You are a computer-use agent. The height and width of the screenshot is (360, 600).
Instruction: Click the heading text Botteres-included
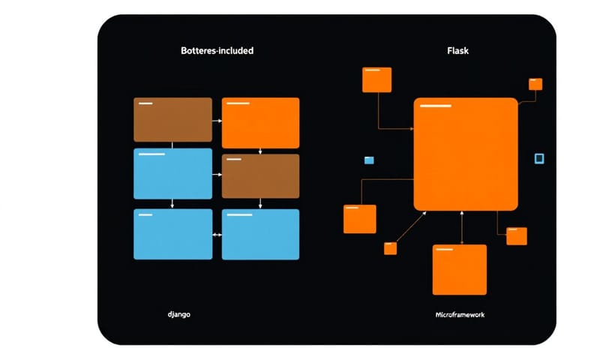[x=217, y=51]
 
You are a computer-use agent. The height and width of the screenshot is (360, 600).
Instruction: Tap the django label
[x=178, y=313]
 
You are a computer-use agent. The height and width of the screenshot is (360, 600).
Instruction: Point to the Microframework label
[x=460, y=314]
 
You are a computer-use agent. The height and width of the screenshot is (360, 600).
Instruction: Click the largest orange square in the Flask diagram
[x=465, y=154]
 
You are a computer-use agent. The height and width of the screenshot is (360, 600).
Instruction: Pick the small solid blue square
[x=368, y=160]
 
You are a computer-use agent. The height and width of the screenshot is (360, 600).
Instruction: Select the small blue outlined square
[x=538, y=158]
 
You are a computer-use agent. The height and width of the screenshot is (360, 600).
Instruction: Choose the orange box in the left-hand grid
[x=260, y=122]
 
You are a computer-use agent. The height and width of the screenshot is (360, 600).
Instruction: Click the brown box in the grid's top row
[x=172, y=119]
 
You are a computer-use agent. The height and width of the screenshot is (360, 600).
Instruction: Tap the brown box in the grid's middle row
[x=260, y=176]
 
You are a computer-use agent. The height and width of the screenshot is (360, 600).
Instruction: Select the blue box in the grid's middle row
[x=172, y=173]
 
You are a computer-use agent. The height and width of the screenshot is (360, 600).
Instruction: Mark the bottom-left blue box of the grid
[x=172, y=234]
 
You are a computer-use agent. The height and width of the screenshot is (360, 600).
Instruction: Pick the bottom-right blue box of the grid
[x=260, y=234]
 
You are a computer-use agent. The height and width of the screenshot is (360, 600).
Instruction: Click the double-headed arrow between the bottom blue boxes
[x=217, y=235]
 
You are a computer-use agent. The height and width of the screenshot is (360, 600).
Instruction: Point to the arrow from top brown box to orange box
[x=217, y=120]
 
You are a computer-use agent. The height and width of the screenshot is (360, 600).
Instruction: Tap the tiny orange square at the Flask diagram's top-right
[x=535, y=84]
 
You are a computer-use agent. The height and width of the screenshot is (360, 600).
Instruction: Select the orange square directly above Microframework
[x=459, y=269]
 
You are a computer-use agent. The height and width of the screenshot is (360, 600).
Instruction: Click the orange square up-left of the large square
[x=376, y=79]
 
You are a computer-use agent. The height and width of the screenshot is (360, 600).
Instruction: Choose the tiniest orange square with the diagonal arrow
[x=390, y=248]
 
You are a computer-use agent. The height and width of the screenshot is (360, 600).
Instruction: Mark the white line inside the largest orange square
[x=435, y=106]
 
